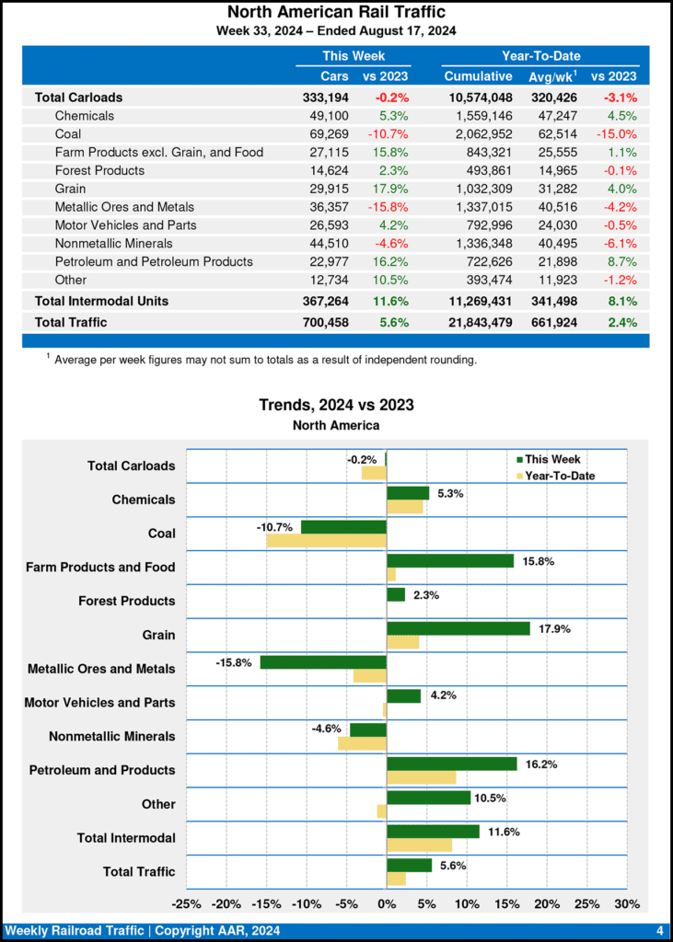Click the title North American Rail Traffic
pyautogui.click(x=336, y=12)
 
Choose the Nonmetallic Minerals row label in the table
pyautogui.click(x=113, y=244)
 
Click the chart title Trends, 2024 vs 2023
pyautogui.click(x=336, y=405)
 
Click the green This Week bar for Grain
pyautogui.click(x=458, y=628)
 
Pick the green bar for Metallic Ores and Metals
pyautogui.click(x=323, y=662)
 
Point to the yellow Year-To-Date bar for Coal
pyautogui.click(x=327, y=541)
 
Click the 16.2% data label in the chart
pyautogui.click(x=541, y=764)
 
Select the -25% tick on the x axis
pyautogui.click(x=187, y=903)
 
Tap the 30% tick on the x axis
pyautogui.click(x=626, y=903)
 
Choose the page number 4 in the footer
pyautogui.click(x=660, y=931)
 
